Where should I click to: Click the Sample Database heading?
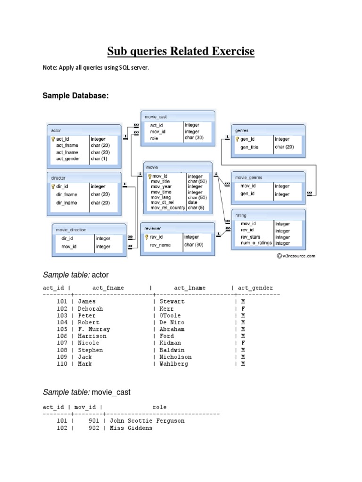pyautogui.click(x=76, y=96)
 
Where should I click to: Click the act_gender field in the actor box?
pyautogui.click(x=68, y=159)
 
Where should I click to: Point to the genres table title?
pyautogui.click(x=242, y=130)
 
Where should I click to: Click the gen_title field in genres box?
pyautogui.click(x=249, y=147)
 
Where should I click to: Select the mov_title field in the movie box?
pyautogui.click(x=160, y=181)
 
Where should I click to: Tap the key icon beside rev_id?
pyautogui.click(x=147, y=237)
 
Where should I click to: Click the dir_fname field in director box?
pyautogui.click(x=66, y=194)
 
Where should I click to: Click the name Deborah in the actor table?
pyautogui.click(x=90, y=309)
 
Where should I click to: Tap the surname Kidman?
pyautogui.click(x=170, y=343)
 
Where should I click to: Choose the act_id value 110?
pyautogui.click(x=62, y=364)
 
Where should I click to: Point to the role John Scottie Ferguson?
pyautogui.click(x=147, y=421)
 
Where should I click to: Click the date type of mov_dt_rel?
pyautogui.click(x=193, y=202)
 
